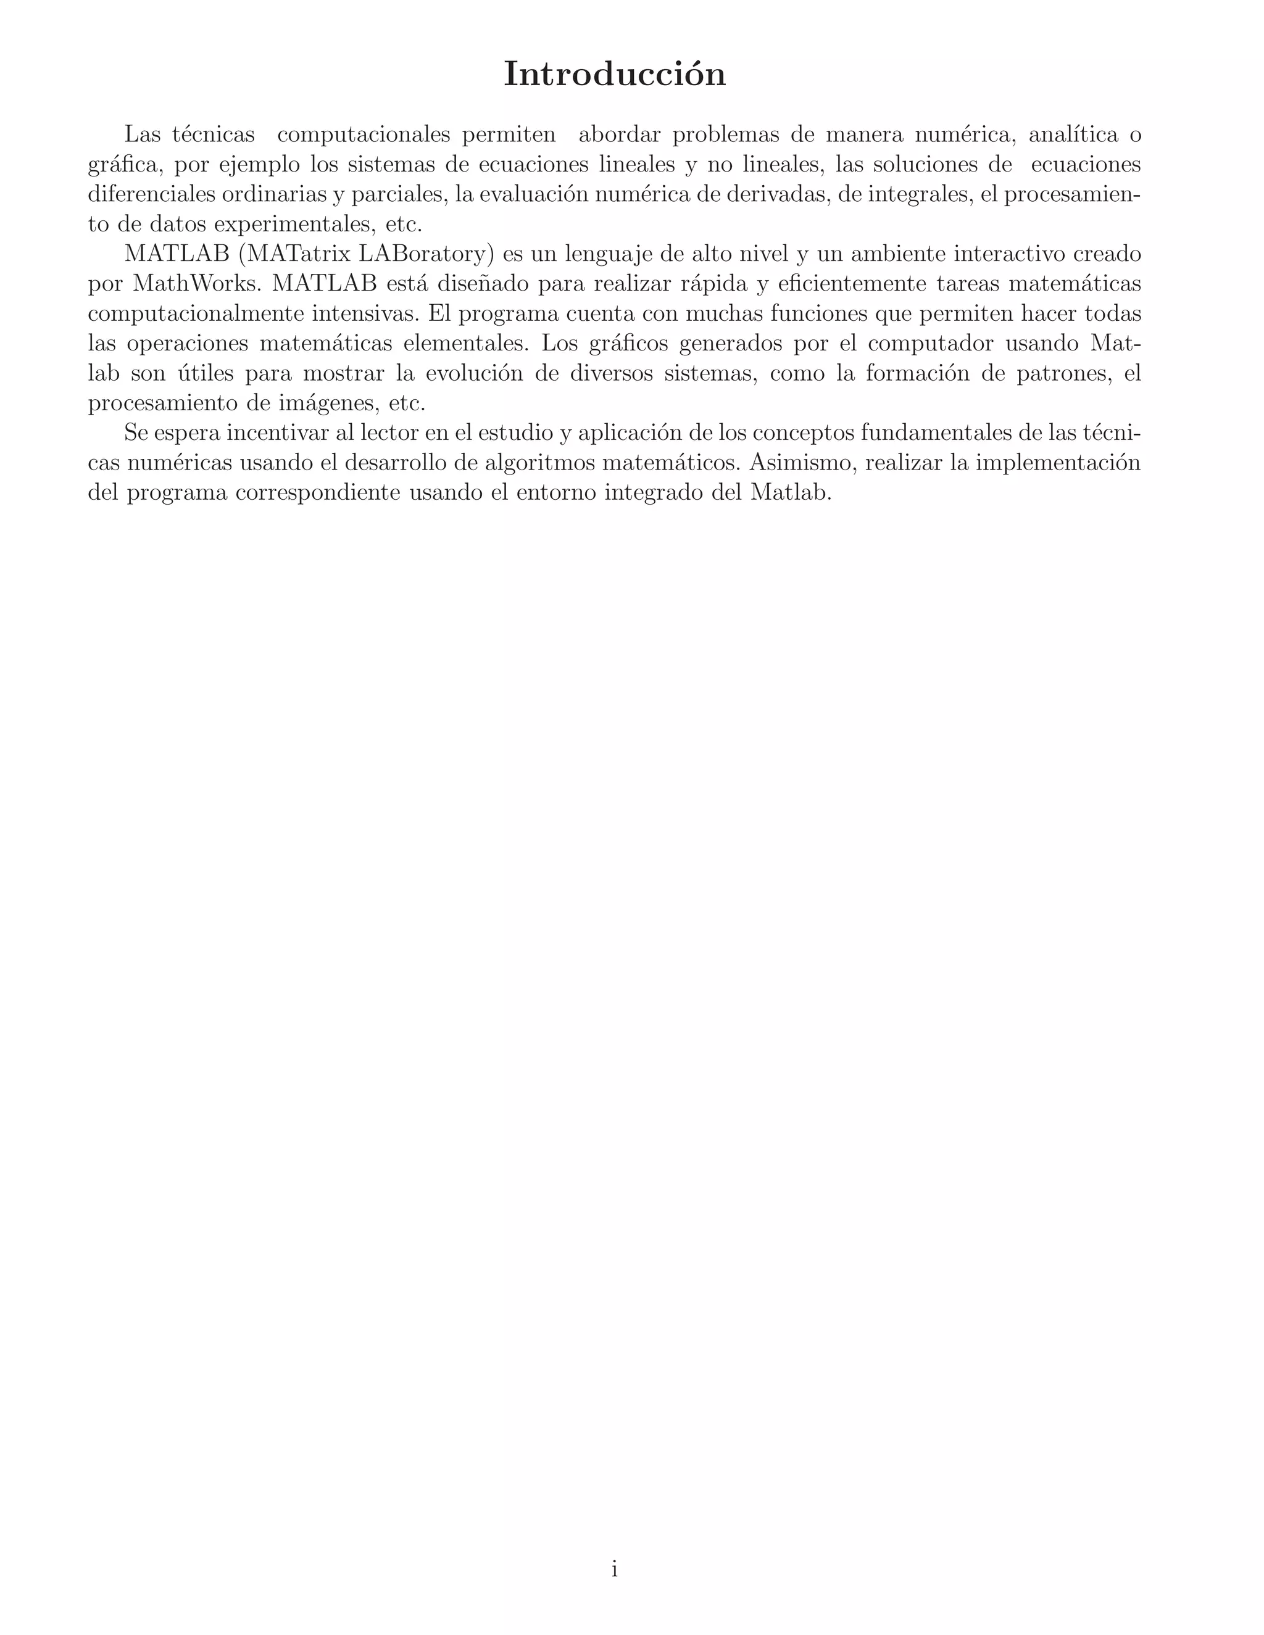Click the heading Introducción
(614, 74)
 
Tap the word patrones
(1057, 373)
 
